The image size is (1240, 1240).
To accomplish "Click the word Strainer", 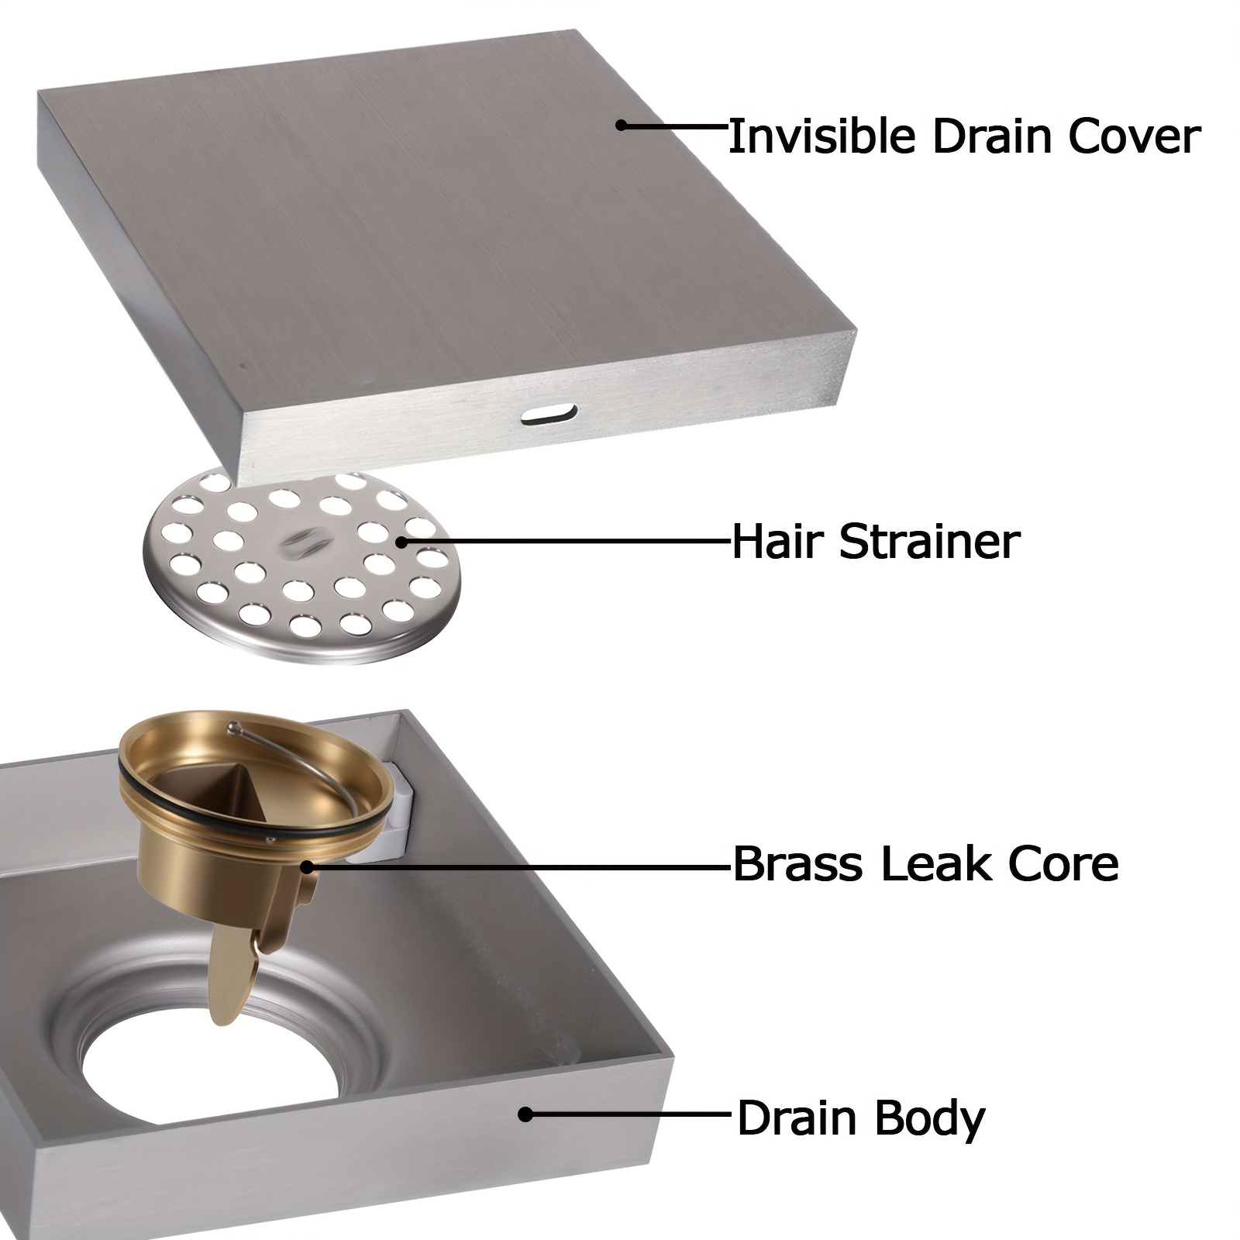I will [x=930, y=542].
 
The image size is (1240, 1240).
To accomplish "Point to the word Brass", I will [x=797, y=865].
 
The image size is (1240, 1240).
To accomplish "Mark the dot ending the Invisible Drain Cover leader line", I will [x=620, y=124].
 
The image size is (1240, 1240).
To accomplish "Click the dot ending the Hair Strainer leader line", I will [x=401, y=542].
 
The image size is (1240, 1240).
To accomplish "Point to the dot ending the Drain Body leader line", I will [x=525, y=1114].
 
